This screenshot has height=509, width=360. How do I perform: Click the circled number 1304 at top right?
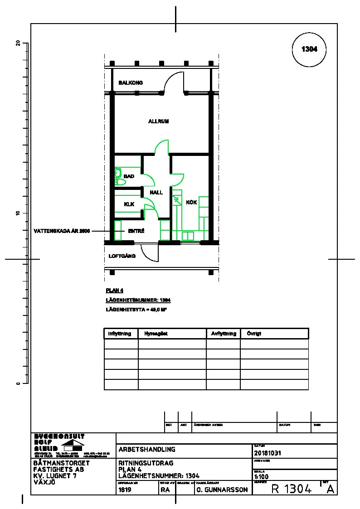point(309,49)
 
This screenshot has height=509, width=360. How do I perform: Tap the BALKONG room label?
point(131,83)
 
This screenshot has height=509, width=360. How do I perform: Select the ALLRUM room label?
point(158,121)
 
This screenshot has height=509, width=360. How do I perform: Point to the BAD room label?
point(129,176)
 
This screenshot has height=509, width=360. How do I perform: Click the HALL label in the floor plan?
point(156,193)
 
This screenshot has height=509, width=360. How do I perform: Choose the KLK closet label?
point(129,204)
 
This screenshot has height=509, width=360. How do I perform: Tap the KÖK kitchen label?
point(191,203)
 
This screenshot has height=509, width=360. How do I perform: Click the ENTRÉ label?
point(136,231)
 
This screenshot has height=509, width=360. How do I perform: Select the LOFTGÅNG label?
point(122,257)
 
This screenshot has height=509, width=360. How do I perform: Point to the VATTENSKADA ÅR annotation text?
point(63,231)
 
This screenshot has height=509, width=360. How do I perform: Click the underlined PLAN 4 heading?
point(114,291)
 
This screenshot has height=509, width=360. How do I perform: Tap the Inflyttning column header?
point(120,334)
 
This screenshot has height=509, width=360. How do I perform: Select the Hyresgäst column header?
point(156,334)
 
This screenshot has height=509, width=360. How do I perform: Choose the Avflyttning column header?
point(224,334)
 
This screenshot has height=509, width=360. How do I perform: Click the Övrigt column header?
point(254,334)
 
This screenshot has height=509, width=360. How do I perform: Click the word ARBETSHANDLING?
point(147,450)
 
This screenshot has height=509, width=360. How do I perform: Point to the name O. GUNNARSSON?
point(222,490)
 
